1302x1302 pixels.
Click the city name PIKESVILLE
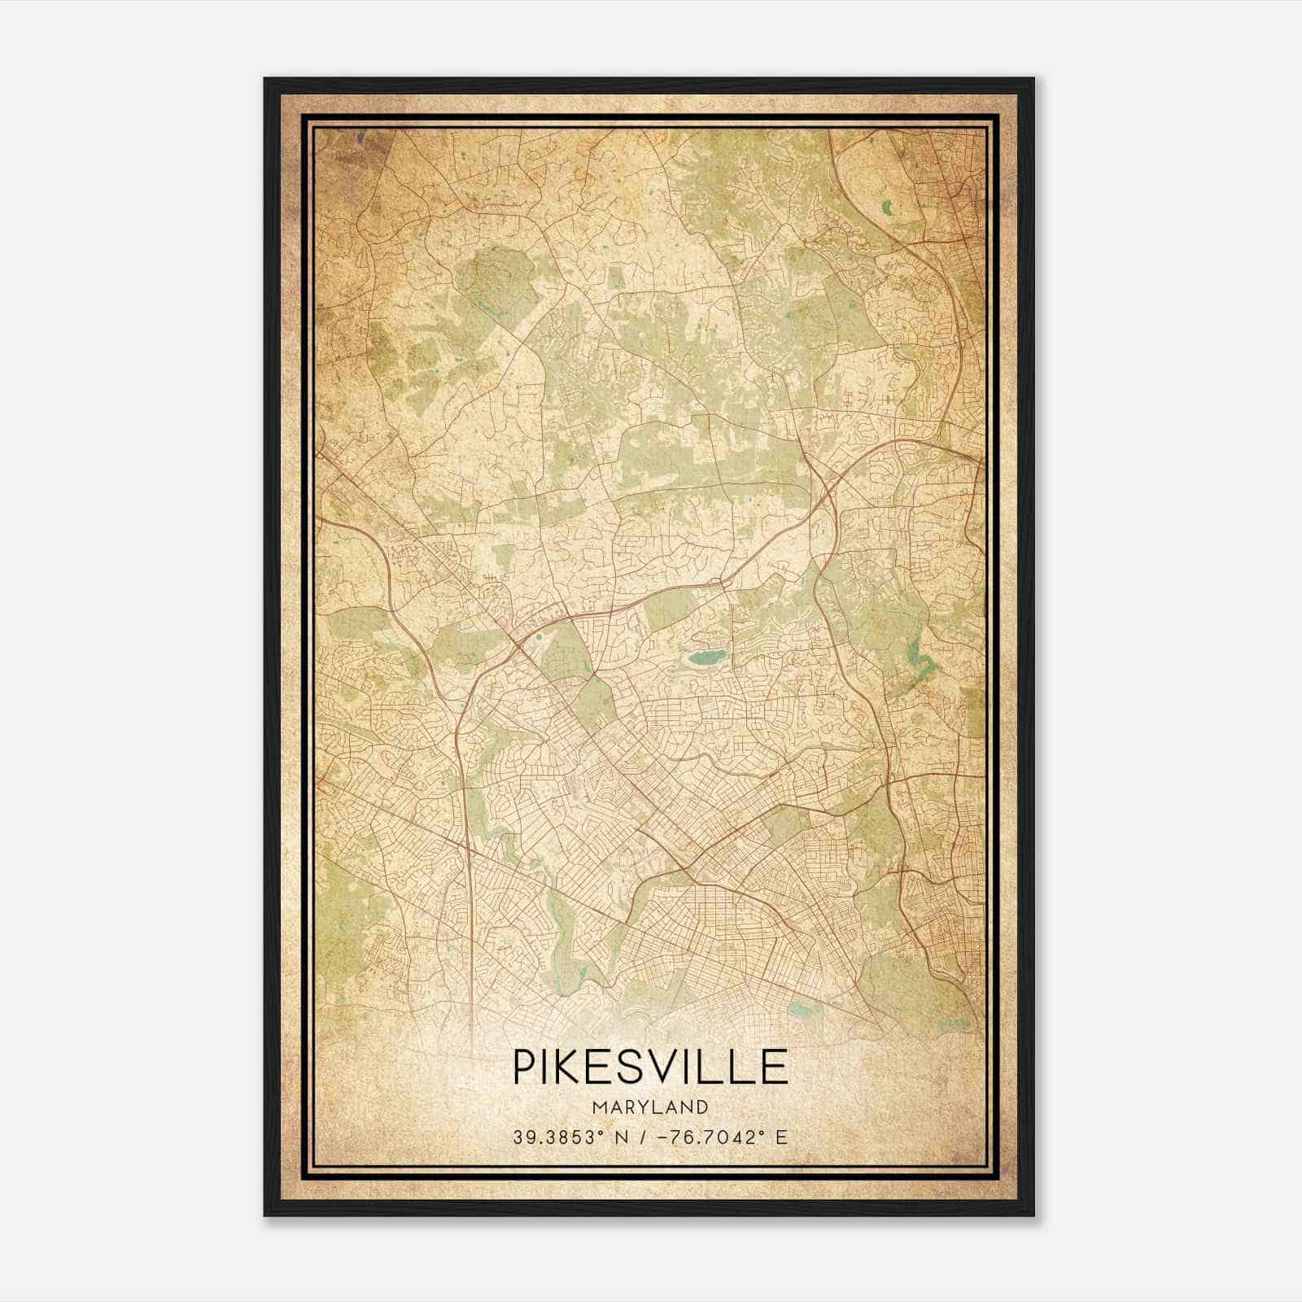click(650, 1067)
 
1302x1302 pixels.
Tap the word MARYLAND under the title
click(650, 1108)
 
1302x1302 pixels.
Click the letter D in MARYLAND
click(702, 1108)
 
